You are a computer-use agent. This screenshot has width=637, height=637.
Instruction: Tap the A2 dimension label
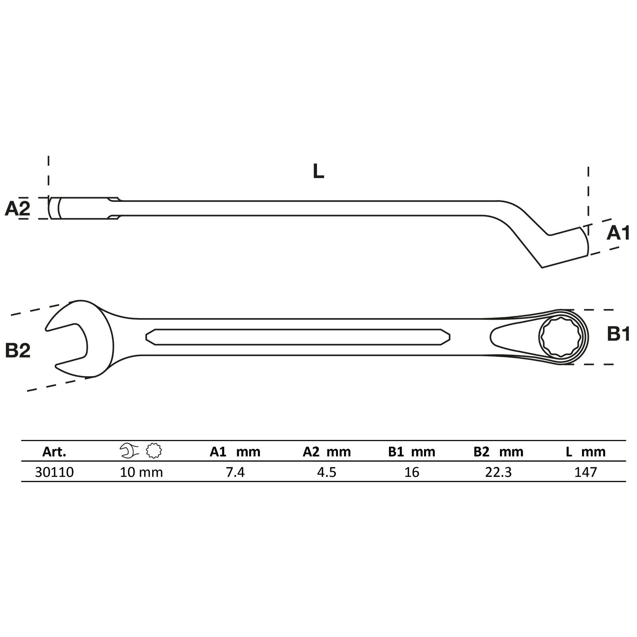point(18,208)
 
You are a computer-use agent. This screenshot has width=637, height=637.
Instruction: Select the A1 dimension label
point(618,233)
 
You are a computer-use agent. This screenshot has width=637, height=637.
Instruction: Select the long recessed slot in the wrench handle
point(298,337)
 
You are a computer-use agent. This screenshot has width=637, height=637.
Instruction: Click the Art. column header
point(54,451)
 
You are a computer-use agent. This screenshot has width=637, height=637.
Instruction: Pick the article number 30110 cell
point(54,472)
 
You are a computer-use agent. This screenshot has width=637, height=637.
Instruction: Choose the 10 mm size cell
point(141,472)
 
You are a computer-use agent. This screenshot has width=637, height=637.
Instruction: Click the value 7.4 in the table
point(235,472)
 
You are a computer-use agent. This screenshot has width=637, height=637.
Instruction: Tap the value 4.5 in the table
point(326,472)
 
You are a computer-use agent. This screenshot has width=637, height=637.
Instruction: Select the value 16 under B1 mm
point(412,472)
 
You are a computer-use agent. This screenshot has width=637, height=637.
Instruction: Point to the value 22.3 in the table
point(498,472)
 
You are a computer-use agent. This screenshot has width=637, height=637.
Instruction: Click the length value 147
point(586,472)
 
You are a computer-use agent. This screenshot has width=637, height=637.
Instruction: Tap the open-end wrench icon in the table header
point(128,451)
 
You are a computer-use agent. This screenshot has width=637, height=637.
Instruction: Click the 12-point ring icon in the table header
point(154,451)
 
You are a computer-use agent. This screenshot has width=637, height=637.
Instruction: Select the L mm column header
point(586,451)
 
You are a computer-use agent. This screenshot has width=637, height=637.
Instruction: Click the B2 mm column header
point(498,451)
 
